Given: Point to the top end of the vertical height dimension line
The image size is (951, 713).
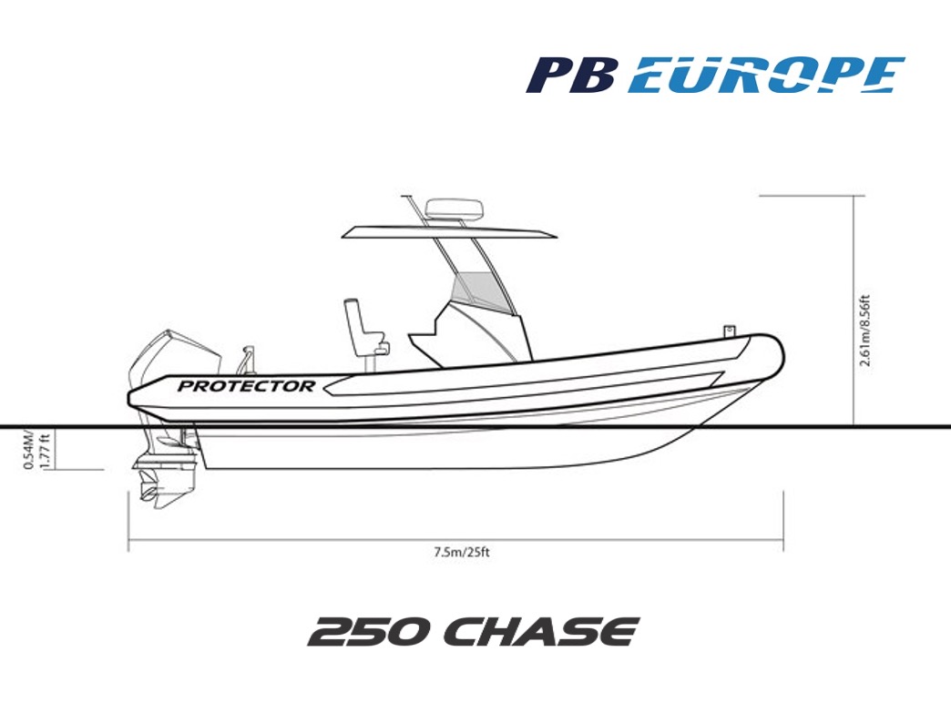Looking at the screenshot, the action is [x=854, y=196].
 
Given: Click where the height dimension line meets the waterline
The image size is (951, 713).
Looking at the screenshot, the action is [x=854, y=427].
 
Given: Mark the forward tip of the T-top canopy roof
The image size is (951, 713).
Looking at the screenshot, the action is [x=557, y=235].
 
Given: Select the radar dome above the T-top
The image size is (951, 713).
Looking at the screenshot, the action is [x=455, y=209].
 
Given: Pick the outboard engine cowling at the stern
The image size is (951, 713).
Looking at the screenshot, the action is [x=175, y=358].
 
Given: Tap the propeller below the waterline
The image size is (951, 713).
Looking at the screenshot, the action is [x=148, y=490].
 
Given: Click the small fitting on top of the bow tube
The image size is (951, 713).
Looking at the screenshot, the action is [x=730, y=330].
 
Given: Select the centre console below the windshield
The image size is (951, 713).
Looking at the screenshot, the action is [x=470, y=337].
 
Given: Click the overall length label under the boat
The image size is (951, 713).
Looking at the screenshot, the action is [x=462, y=553].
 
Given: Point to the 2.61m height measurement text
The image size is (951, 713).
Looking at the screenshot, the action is [x=865, y=331].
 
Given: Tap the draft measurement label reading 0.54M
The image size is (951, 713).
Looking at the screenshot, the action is [x=28, y=449].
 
